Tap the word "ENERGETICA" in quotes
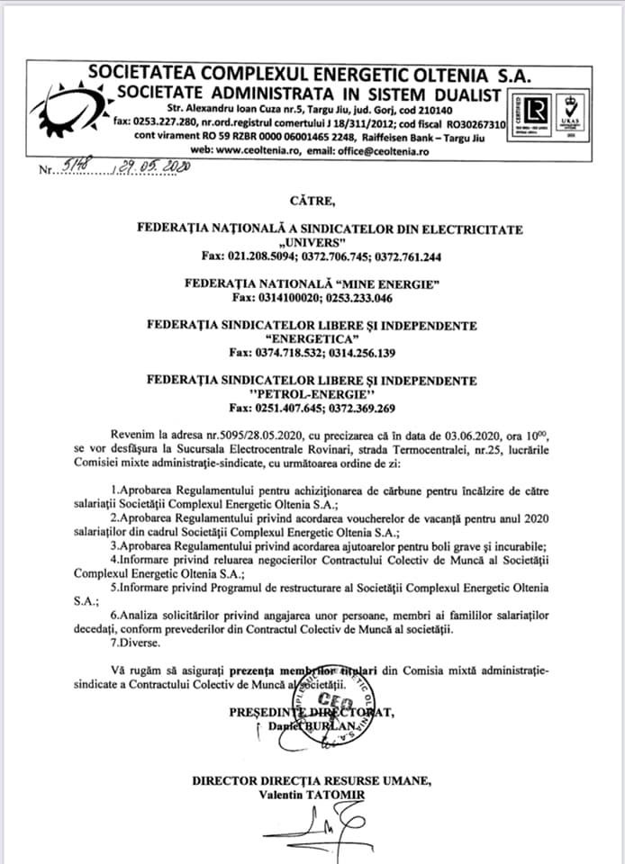click(x=311, y=338)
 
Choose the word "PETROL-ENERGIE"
click(x=311, y=394)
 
